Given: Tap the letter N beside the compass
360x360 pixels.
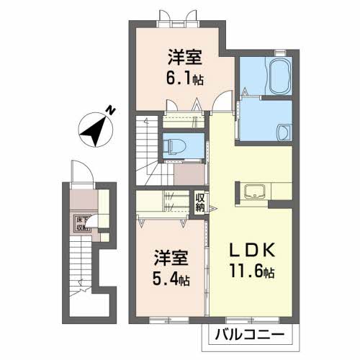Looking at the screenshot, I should [x=111, y=109].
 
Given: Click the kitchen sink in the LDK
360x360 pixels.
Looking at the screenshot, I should [x=254, y=192].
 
